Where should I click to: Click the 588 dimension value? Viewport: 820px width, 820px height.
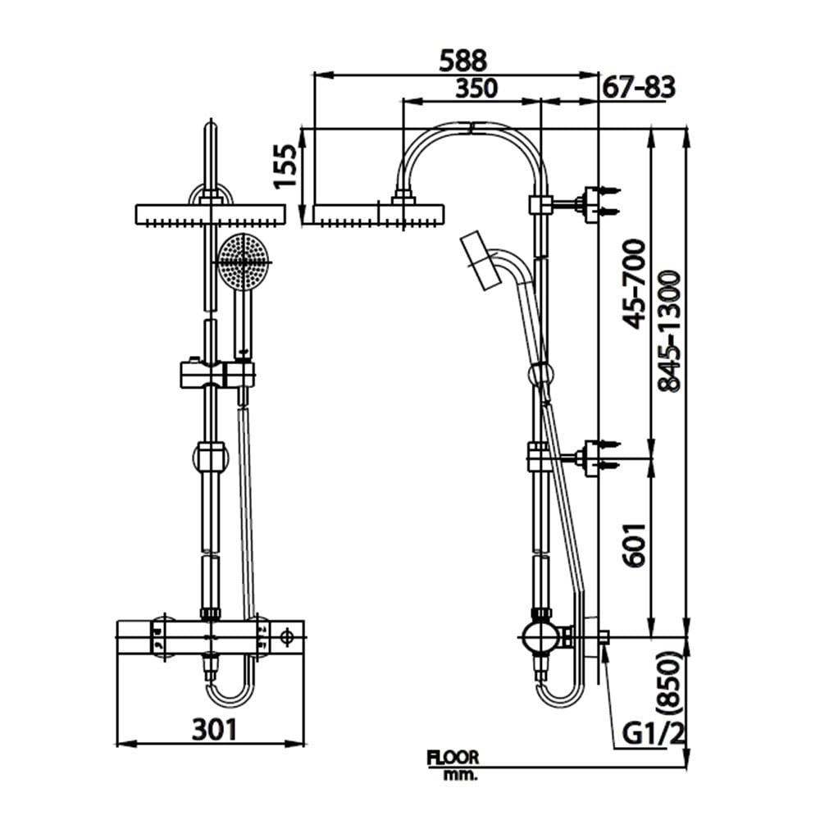pyautogui.click(x=463, y=60)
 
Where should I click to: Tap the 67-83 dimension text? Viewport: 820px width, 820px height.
pyautogui.click(x=639, y=87)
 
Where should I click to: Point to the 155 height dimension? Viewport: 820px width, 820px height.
pyautogui.click(x=285, y=168)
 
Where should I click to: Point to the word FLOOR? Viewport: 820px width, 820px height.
pyautogui.click(x=452, y=758)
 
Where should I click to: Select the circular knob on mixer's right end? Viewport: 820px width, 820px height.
pyautogui.click(x=288, y=635)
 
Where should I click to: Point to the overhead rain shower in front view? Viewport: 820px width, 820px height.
pyautogui.click(x=210, y=215)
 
